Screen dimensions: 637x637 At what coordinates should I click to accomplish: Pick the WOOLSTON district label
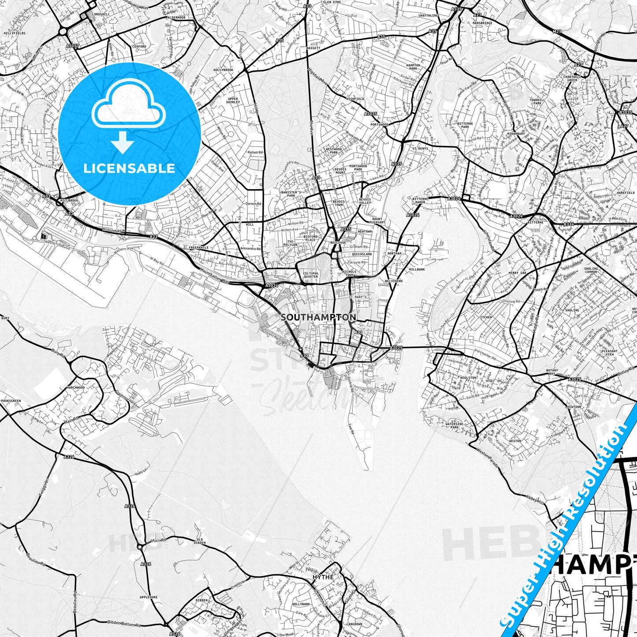coord(468,378)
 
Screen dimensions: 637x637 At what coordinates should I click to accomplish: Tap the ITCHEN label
coord(486,317)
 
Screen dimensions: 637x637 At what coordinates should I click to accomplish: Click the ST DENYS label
coord(420,149)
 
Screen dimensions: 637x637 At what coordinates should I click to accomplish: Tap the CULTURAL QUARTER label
coord(311,275)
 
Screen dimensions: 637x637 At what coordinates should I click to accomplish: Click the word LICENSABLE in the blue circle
coord(129,168)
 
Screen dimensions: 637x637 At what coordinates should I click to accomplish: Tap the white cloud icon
coord(129,106)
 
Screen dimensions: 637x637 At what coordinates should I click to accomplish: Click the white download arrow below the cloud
coord(123,143)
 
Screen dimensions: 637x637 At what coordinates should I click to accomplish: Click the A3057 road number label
coord(73,45)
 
